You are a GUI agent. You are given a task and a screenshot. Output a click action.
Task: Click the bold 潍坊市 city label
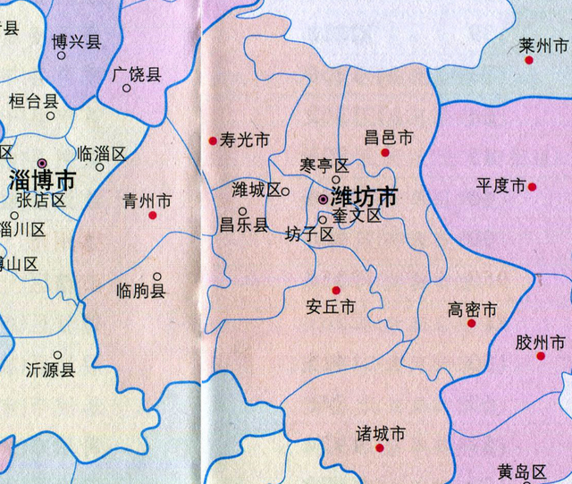(364, 196)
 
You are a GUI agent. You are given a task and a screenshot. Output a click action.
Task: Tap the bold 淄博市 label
(42, 179)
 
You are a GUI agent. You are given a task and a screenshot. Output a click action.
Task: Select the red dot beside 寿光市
(213, 140)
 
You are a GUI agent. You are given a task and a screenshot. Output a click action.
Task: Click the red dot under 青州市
(153, 216)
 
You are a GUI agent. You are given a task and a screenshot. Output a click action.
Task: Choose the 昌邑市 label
(389, 138)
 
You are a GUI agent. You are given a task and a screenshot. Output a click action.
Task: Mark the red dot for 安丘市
(336, 290)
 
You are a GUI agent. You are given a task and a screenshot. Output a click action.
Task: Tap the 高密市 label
(472, 310)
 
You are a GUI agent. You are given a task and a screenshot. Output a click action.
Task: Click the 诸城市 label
(381, 434)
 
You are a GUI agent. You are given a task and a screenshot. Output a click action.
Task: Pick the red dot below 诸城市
(381, 448)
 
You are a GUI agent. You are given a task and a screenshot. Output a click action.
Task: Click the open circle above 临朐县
(157, 276)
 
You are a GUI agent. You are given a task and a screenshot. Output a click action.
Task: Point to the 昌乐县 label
(244, 225)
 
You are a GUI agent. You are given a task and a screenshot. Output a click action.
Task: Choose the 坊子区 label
(309, 235)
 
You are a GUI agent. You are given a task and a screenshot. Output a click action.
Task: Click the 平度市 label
(500, 186)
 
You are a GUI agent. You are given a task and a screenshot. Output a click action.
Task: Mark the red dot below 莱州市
(529, 60)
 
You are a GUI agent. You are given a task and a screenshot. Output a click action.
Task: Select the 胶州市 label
(541, 343)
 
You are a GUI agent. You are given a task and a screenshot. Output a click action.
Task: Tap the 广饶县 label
(138, 75)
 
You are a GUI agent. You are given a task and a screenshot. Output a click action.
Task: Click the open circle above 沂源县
(57, 355)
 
